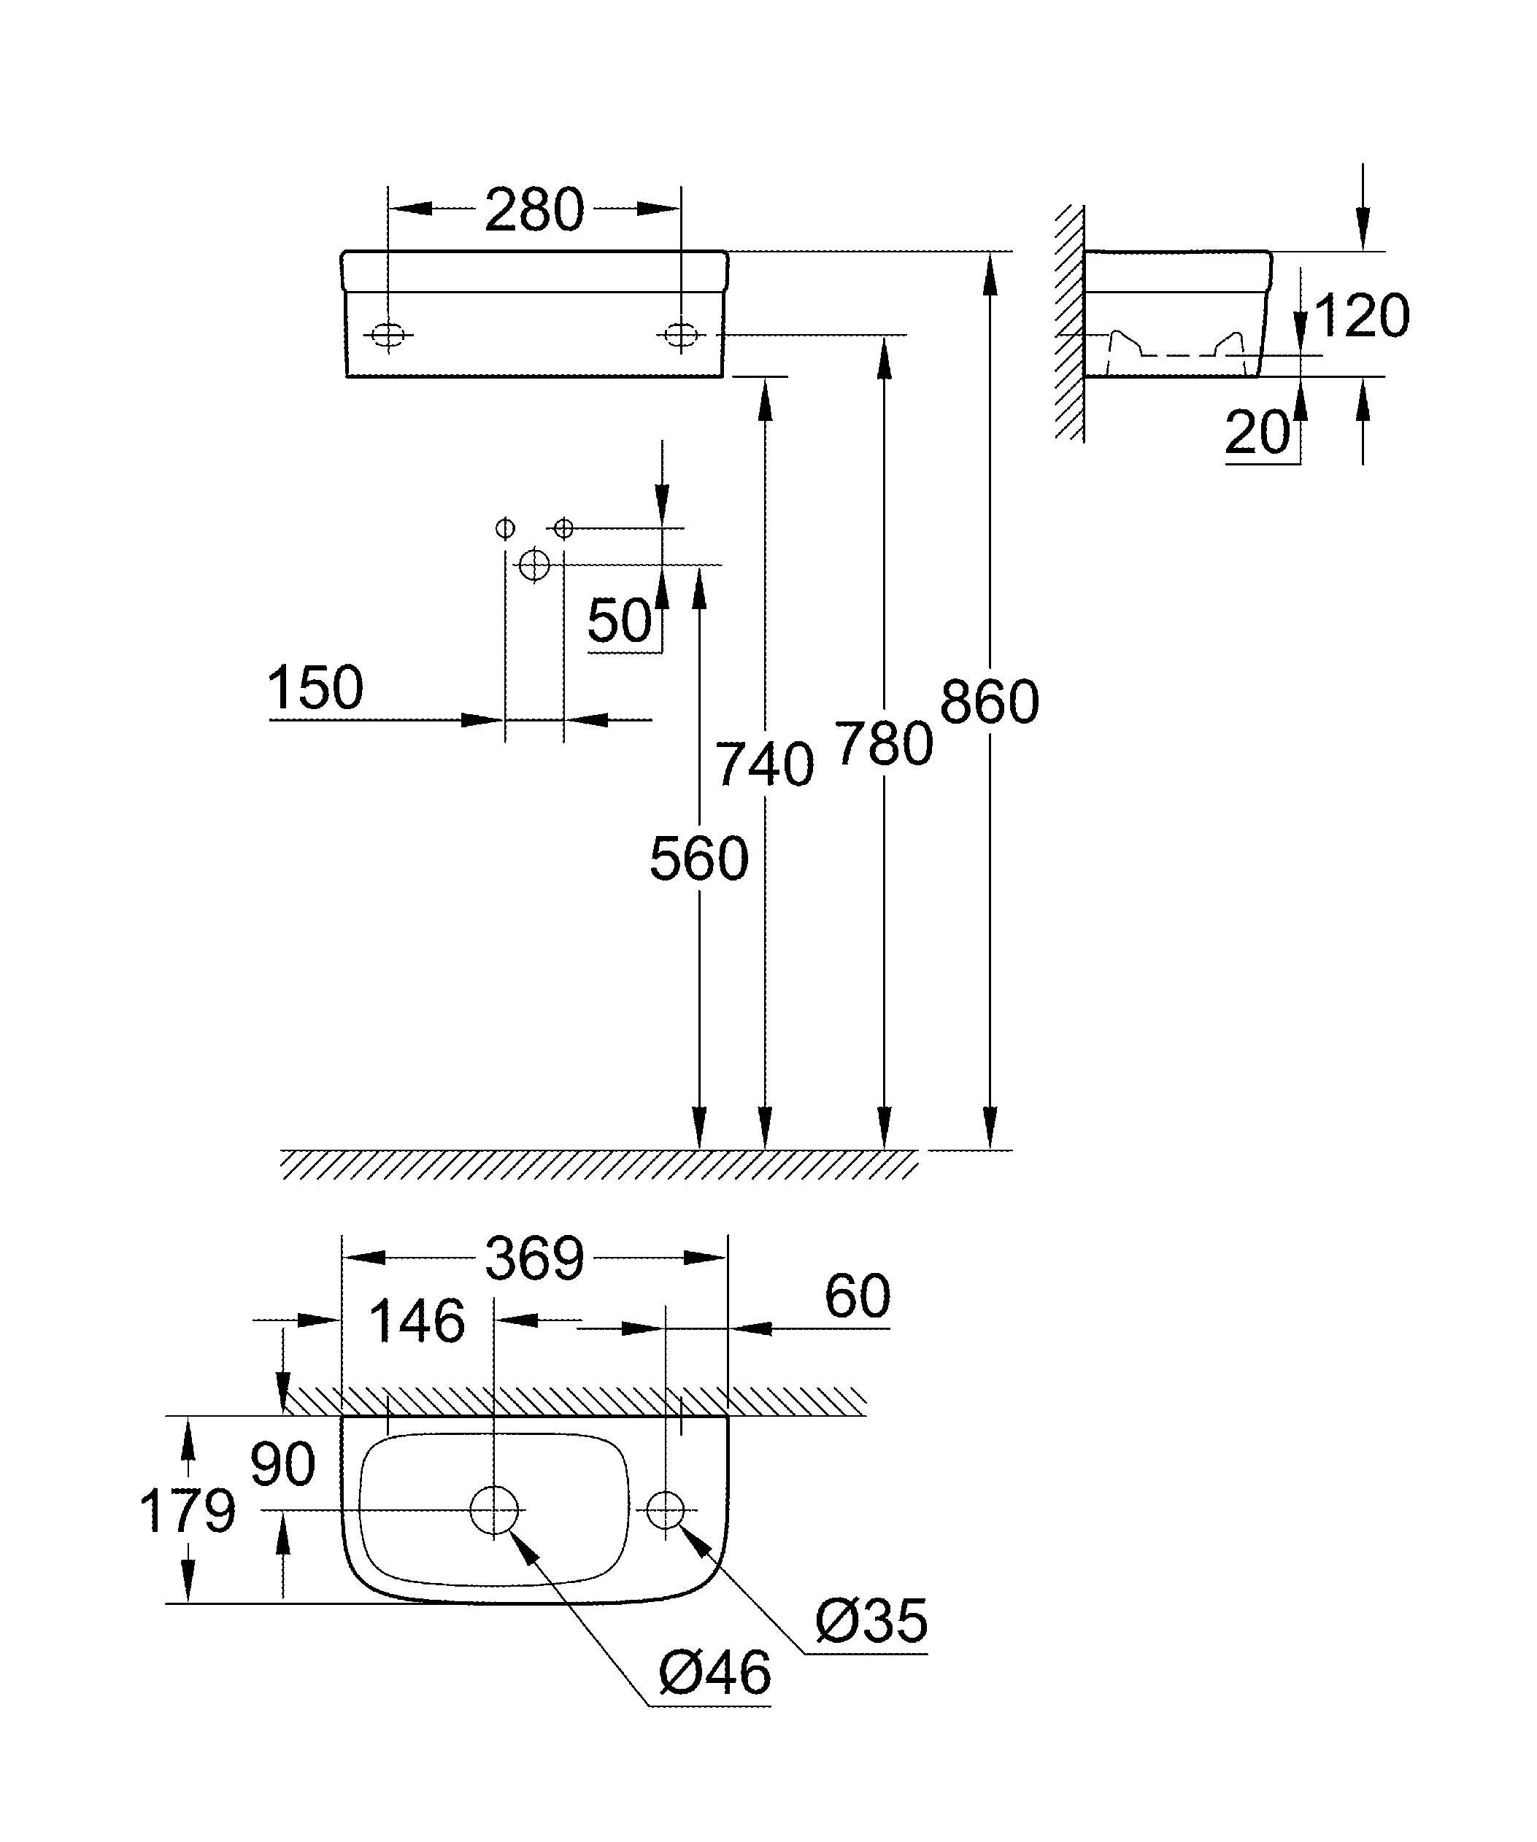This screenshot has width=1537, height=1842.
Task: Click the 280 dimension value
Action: click(533, 211)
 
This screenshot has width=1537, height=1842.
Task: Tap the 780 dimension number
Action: click(883, 744)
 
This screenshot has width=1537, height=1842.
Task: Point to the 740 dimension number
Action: click(764, 765)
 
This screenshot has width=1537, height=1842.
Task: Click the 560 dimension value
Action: click(699, 859)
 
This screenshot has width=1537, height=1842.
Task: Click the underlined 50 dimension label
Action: click(620, 621)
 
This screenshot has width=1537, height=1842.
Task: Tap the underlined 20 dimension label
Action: click(1257, 433)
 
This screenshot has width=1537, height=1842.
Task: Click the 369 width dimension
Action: click(533, 1260)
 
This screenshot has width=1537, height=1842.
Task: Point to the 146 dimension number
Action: click(417, 1322)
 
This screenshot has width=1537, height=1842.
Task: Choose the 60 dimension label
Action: click(857, 1296)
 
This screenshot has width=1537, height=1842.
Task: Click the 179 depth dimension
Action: click(188, 1512)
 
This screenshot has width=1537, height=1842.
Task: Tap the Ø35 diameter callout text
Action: click(871, 1621)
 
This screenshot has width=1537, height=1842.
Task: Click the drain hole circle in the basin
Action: click(495, 1509)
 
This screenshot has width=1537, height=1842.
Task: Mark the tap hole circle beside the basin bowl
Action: click(665, 1509)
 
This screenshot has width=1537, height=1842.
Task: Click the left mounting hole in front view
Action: click(388, 334)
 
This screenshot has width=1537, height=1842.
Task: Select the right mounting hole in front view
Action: click(680, 334)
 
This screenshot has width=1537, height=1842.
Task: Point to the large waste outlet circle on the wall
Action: click(534, 565)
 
